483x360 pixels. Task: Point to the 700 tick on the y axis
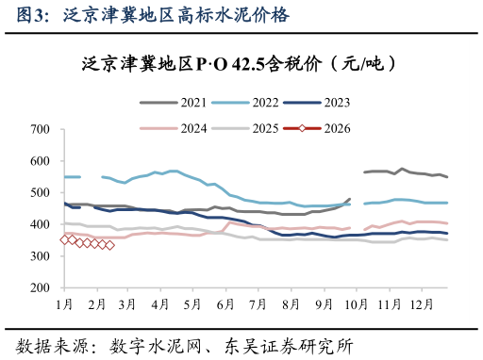coord(40,129)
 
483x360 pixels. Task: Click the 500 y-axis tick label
coord(40,193)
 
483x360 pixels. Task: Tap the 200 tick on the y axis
coord(40,288)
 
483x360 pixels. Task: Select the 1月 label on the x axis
coord(64,304)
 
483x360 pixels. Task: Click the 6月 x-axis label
coord(224,304)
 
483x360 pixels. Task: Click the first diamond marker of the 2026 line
coord(64,239)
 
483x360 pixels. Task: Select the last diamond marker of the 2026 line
coord(110,245)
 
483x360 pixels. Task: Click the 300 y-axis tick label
coord(40,256)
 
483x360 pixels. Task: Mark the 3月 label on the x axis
coord(127,304)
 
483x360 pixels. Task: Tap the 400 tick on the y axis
coord(40,224)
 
